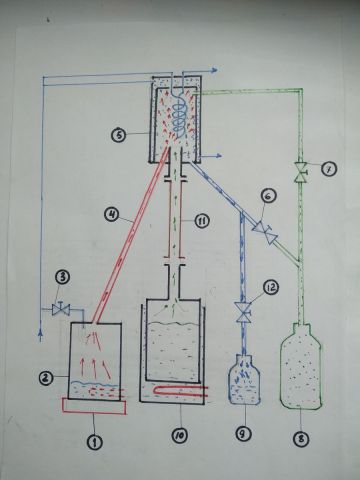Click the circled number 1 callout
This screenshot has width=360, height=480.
click(x=95, y=442)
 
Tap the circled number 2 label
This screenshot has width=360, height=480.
click(x=47, y=378)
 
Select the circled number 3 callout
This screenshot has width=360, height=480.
click(x=62, y=277)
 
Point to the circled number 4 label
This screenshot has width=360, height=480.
click(x=112, y=214)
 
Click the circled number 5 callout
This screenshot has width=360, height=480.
click(x=120, y=135)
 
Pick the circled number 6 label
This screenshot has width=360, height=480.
click(x=269, y=196)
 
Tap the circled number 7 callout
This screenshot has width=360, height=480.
click(x=329, y=169)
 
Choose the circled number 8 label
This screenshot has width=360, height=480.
click(x=301, y=439)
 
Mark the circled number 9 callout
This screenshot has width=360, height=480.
click(x=245, y=434)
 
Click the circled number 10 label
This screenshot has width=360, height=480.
click(x=180, y=436)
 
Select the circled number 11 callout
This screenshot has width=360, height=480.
click(x=201, y=221)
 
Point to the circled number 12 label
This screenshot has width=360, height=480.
click(x=271, y=288)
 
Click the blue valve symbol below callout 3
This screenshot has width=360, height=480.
click(x=61, y=309)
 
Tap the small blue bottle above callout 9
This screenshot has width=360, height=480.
click(x=244, y=379)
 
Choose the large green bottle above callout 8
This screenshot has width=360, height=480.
click(x=301, y=366)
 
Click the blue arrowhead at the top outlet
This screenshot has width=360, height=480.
click(x=215, y=70)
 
